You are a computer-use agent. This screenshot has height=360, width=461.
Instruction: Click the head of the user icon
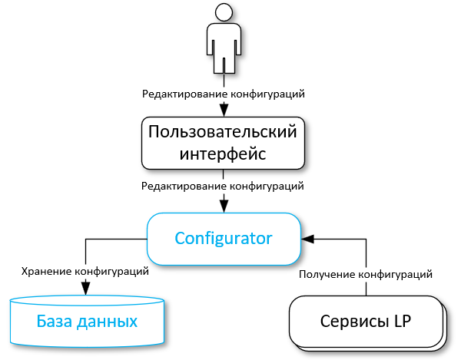pyautogui.click(x=224, y=12)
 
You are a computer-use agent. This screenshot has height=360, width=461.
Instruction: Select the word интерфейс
pyautogui.click(x=223, y=153)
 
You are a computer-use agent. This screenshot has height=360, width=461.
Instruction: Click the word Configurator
pyautogui.click(x=224, y=237)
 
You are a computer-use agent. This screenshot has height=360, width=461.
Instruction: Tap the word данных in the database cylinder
pyautogui.click(x=108, y=320)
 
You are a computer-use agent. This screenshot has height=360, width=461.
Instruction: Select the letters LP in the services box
pyautogui.click(x=402, y=321)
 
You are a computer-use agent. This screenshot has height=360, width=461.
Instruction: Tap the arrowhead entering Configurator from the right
pyautogui.click(x=307, y=239)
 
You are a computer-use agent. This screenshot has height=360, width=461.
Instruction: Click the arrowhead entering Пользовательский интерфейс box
pyautogui.click(x=224, y=107)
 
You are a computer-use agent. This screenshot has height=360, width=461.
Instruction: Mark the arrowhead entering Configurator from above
pyautogui.click(x=224, y=205)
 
